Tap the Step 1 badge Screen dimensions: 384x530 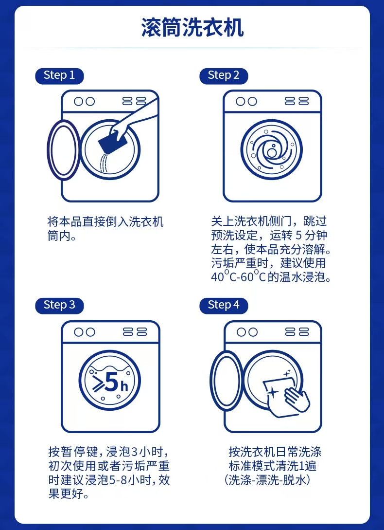pyautogui.click(x=59, y=76)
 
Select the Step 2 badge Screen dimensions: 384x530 pyautogui.click(x=224, y=76)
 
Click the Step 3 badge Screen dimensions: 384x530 pyautogui.click(x=59, y=306)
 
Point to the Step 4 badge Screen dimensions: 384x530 pyautogui.click(x=224, y=306)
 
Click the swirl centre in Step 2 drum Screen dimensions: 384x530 pyautogui.click(x=272, y=151)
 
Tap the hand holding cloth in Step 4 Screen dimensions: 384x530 pyautogui.click(x=297, y=399)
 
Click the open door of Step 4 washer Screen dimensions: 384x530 pyautogui.click(x=226, y=379)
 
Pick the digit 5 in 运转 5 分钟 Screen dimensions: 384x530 pyautogui.click(x=298, y=236)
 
